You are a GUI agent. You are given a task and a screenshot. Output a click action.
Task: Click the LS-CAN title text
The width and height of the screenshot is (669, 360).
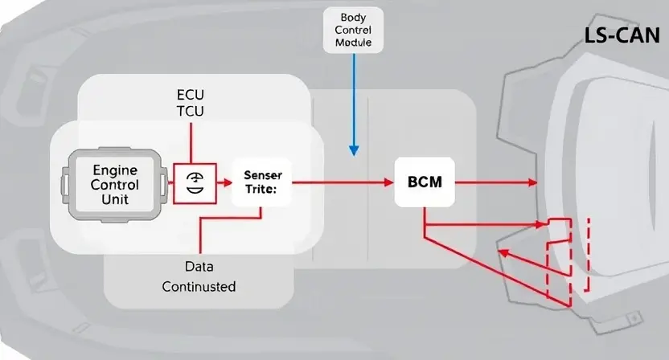(x=622, y=35)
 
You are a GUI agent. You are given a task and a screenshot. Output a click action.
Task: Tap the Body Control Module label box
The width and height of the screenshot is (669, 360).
(x=353, y=30)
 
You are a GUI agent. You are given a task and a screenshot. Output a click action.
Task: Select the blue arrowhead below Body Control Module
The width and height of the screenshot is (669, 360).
(x=354, y=150)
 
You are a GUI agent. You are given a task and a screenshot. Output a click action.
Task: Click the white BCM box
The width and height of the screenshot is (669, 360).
(x=425, y=182)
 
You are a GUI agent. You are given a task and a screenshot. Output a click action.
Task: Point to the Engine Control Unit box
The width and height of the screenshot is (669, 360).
(x=115, y=185)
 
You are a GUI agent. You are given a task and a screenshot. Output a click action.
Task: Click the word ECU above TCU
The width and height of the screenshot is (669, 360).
(x=191, y=94)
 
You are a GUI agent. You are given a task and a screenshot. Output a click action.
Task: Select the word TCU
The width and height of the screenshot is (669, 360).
(x=191, y=111)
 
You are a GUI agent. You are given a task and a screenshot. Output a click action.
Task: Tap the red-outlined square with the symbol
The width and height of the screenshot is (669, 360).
(x=195, y=183)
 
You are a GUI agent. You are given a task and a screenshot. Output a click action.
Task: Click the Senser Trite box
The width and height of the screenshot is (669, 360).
(x=262, y=182)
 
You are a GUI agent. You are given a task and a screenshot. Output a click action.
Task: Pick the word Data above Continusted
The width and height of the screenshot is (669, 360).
(x=199, y=267)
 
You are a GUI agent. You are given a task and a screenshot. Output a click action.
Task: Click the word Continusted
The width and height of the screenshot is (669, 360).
(x=199, y=286)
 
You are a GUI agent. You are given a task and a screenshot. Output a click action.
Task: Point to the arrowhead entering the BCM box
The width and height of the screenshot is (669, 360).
(x=388, y=182)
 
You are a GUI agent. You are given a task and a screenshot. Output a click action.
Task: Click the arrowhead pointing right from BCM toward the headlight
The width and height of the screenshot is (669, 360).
(x=533, y=182)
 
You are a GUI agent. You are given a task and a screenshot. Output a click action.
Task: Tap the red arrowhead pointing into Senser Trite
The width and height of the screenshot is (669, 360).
(x=228, y=183)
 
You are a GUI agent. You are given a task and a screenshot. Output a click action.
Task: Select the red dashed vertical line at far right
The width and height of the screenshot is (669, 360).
(x=589, y=255)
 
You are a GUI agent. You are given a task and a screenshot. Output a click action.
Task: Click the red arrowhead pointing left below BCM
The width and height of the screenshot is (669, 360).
(x=504, y=253)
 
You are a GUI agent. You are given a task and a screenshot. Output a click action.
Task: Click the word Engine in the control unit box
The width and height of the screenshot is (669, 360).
(x=115, y=170)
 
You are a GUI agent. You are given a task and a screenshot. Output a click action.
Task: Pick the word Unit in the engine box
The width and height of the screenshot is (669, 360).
(x=115, y=199)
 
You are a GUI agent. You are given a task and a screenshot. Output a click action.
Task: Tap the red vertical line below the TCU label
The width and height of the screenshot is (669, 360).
(x=191, y=143)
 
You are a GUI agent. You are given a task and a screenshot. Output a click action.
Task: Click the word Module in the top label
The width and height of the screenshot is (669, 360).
(x=353, y=43)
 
